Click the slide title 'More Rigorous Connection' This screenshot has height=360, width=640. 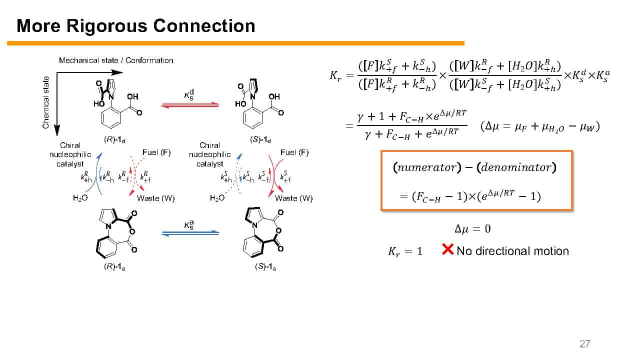(136, 25)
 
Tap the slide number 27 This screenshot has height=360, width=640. (584, 343)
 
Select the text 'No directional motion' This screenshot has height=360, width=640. (512, 251)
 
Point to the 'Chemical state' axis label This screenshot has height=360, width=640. (46, 102)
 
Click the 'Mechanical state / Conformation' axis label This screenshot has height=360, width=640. (116, 60)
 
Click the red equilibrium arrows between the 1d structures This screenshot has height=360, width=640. (190, 105)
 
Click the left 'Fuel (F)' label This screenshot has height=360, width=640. (156, 152)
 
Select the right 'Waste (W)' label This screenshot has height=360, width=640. (294, 198)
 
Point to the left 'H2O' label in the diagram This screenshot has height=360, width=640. (80, 198)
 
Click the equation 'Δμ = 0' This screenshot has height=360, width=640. (472, 229)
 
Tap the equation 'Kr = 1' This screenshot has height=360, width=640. (405, 251)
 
